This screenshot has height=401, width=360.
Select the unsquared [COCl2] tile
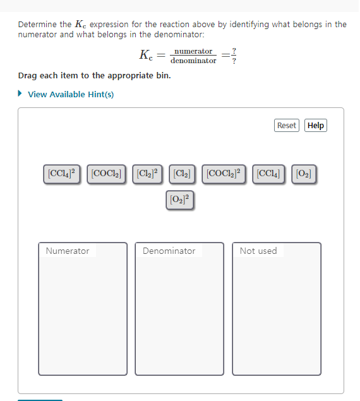tap(107, 172)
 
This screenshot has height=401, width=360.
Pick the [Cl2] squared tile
tap(148, 172)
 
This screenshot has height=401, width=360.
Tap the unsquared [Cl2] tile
tap(182, 172)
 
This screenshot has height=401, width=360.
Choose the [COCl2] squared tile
tap(225, 172)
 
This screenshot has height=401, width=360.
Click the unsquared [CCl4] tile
tap(268, 172)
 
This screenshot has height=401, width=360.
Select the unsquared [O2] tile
tap(304, 172)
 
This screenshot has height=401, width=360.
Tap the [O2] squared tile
tap(180, 200)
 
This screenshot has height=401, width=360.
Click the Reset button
tap(286, 126)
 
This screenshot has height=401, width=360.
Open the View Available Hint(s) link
tap(71, 94)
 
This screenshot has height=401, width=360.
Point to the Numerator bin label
tap(68, 251)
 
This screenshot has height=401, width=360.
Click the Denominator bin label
tap(169, 251)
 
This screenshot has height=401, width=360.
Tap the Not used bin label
tap(258, 251)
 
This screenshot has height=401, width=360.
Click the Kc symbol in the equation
tap(146, 56)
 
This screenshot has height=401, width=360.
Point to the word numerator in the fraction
tap(193, 51)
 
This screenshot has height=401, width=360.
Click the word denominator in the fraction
tap(193, 61)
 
